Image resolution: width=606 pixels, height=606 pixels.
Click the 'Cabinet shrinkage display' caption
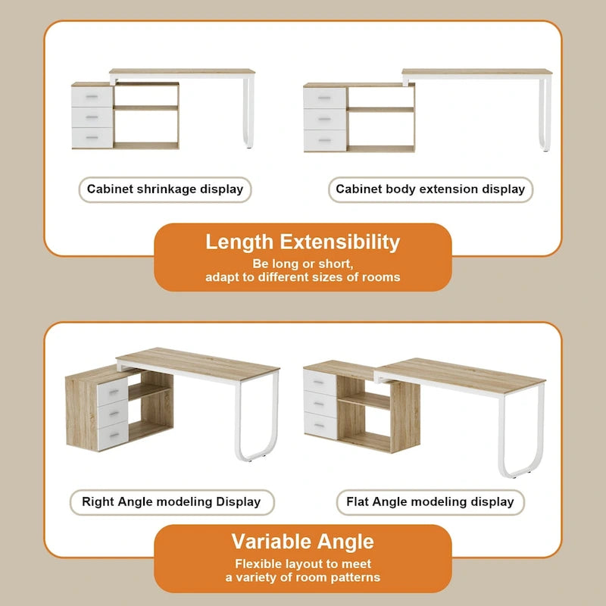(x=165, y=189)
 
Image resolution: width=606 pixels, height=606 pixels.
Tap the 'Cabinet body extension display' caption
(x=430, y=189)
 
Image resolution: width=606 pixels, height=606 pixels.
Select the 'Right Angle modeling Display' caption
(x=171, y=501)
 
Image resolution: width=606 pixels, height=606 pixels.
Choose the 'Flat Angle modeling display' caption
(x=430, y=501)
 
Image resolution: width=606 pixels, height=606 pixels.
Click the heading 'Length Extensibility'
(x=302, y=242)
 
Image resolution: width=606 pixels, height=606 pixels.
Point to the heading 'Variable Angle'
(x=302, y=542)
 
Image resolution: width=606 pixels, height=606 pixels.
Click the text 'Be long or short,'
(x=302, y=264)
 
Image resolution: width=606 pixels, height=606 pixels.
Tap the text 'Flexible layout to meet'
(x=302, y=564)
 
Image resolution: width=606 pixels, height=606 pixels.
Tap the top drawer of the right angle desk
(x=113, y=390)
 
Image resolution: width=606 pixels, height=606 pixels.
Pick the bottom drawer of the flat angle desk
(x=319, y=426)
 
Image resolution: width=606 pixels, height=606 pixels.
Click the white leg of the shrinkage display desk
(x=248, y=114)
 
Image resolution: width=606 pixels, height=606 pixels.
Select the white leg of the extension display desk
(x=544, y=114)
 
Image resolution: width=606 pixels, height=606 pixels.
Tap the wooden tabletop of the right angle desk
(x=197, y=364)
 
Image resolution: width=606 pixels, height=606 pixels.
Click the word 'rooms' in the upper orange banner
(x=383, y=277)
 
